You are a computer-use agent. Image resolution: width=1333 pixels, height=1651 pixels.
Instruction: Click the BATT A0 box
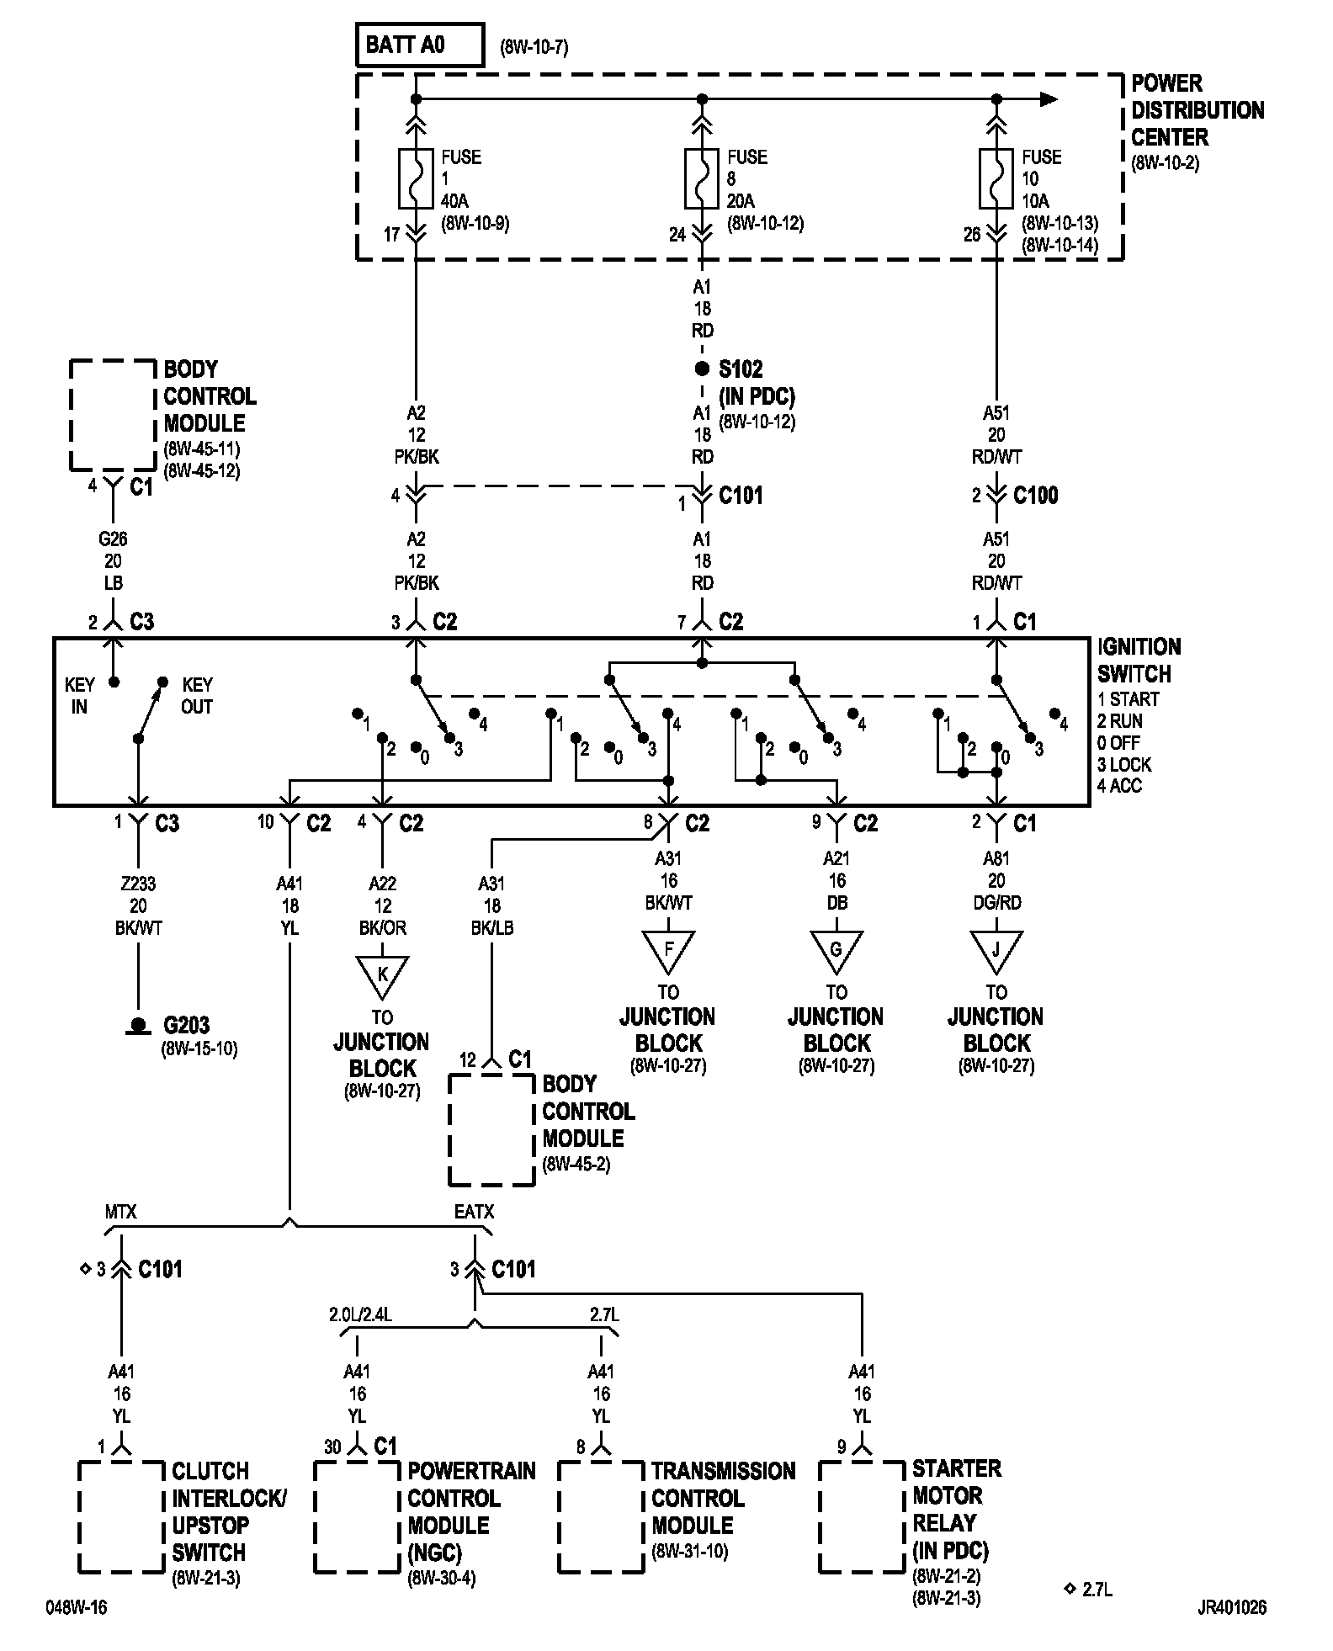point(420,45)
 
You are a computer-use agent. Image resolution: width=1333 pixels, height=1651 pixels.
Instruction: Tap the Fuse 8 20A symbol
point(702,179)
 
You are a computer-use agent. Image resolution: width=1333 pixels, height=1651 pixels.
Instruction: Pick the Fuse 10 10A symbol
point(996,179)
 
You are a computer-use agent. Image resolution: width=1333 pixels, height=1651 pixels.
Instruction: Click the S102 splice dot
point(702,369)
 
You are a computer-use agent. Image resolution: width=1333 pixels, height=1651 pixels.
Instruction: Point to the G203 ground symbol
point(137,1027)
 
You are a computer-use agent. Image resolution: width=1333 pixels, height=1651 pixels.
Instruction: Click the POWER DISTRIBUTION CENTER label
point(1197,110)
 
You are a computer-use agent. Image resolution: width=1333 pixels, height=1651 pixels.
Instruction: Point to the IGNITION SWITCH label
point(1139,661)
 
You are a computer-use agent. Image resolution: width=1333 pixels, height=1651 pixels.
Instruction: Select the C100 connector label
point(1035,496)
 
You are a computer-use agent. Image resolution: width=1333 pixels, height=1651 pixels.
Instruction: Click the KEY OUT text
point(197,696)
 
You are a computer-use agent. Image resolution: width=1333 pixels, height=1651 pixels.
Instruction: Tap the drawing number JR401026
point(1231,1607)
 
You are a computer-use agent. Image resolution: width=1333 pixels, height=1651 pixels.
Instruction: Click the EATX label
point(474,1213)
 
